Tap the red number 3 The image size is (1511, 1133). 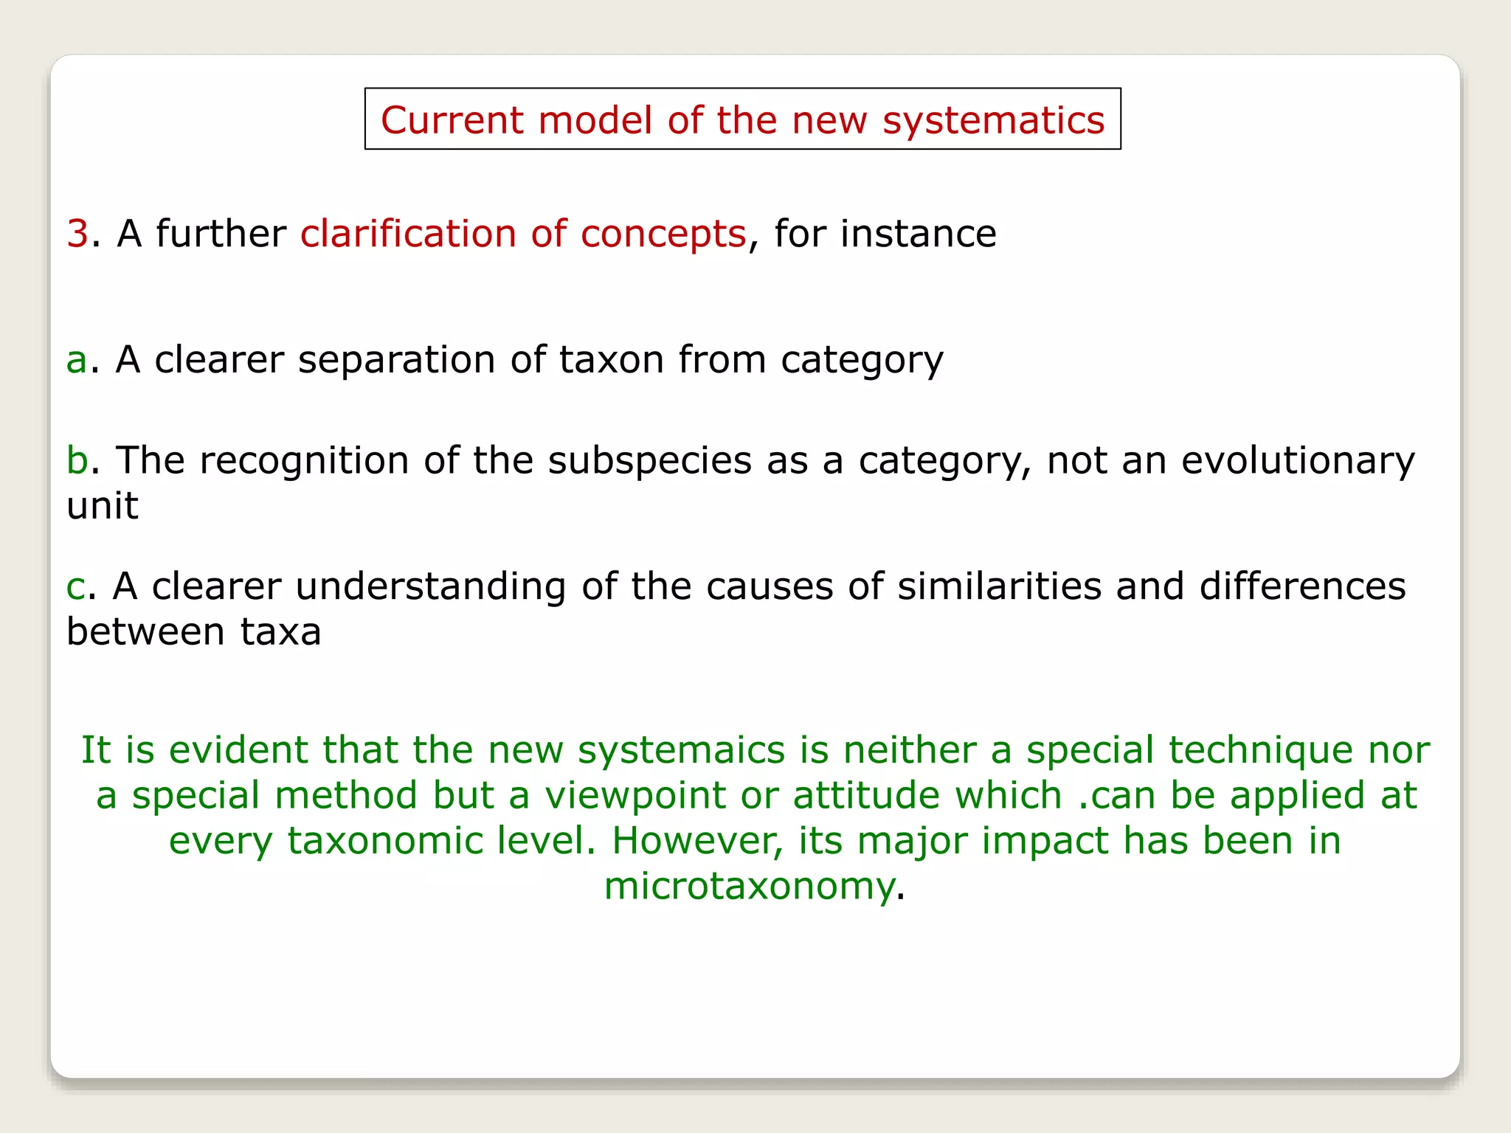click(77, 234)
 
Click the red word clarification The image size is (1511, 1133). click(407, 234)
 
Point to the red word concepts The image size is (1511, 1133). click(663, 235)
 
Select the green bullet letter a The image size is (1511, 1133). click(76, 361)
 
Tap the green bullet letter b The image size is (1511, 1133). click(77, 460)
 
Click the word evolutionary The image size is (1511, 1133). click(1298, 462)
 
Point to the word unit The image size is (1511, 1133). click(102, 506)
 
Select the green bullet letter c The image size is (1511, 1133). click(75, 587)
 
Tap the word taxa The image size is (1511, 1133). click(280, 632)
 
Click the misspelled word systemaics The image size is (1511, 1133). click(680, 751)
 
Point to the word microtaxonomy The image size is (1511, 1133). click(749, 887)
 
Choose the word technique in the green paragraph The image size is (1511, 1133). click(1262, 751)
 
